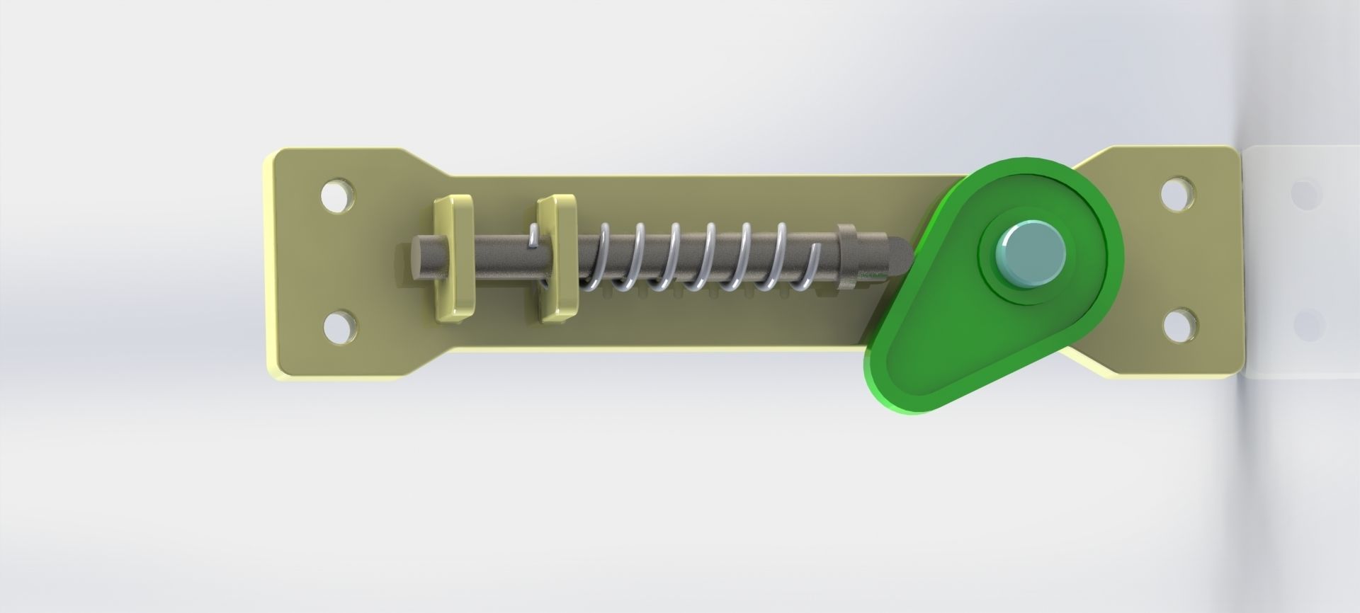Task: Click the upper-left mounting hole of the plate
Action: pos(337,197)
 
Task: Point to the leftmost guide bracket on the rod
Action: pos(453,258)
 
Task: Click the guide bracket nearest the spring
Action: pos(557,258)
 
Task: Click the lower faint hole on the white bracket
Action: pos(1308,324)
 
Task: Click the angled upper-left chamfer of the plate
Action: pos(425,163)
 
